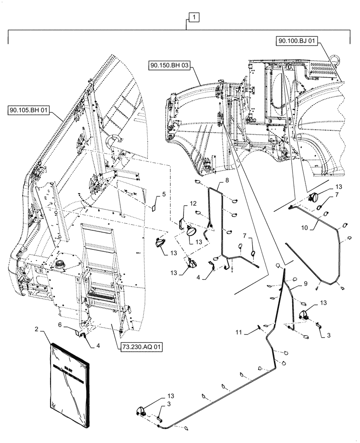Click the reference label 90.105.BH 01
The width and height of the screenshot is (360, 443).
tap(29, 109)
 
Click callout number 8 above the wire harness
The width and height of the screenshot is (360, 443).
tap(227, 180)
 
